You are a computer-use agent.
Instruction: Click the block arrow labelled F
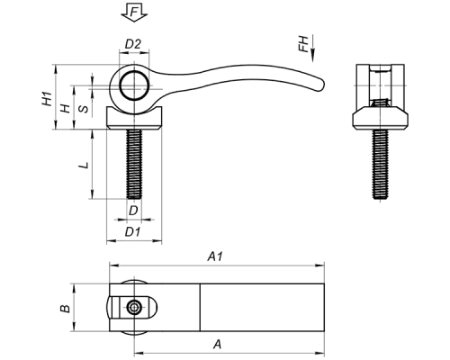click(134, 13)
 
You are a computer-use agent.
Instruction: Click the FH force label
click(304, 44)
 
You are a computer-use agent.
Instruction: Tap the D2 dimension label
click(133, 44)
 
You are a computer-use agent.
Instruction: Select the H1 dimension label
click(47, 99)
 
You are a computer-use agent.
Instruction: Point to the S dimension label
click(84, 108)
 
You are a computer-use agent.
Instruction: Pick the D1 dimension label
click(132, 231)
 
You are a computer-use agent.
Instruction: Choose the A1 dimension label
click(216, 256)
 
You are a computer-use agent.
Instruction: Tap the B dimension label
click(66, 308)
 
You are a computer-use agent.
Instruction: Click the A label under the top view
click(218, 344)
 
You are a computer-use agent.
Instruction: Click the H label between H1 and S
click(66, 108)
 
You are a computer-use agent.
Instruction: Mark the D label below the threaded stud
click(133, 211)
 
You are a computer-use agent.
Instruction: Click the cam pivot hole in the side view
click(134, 85)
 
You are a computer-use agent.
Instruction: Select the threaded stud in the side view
click(134, 164)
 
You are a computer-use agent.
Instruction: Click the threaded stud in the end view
click(380, 164)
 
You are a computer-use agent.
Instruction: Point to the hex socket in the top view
click(133, 308)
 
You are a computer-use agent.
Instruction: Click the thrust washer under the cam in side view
click(134, 118)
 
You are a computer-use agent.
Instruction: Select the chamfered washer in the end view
click(380, 118)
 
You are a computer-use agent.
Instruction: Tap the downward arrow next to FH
click(313, 48)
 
